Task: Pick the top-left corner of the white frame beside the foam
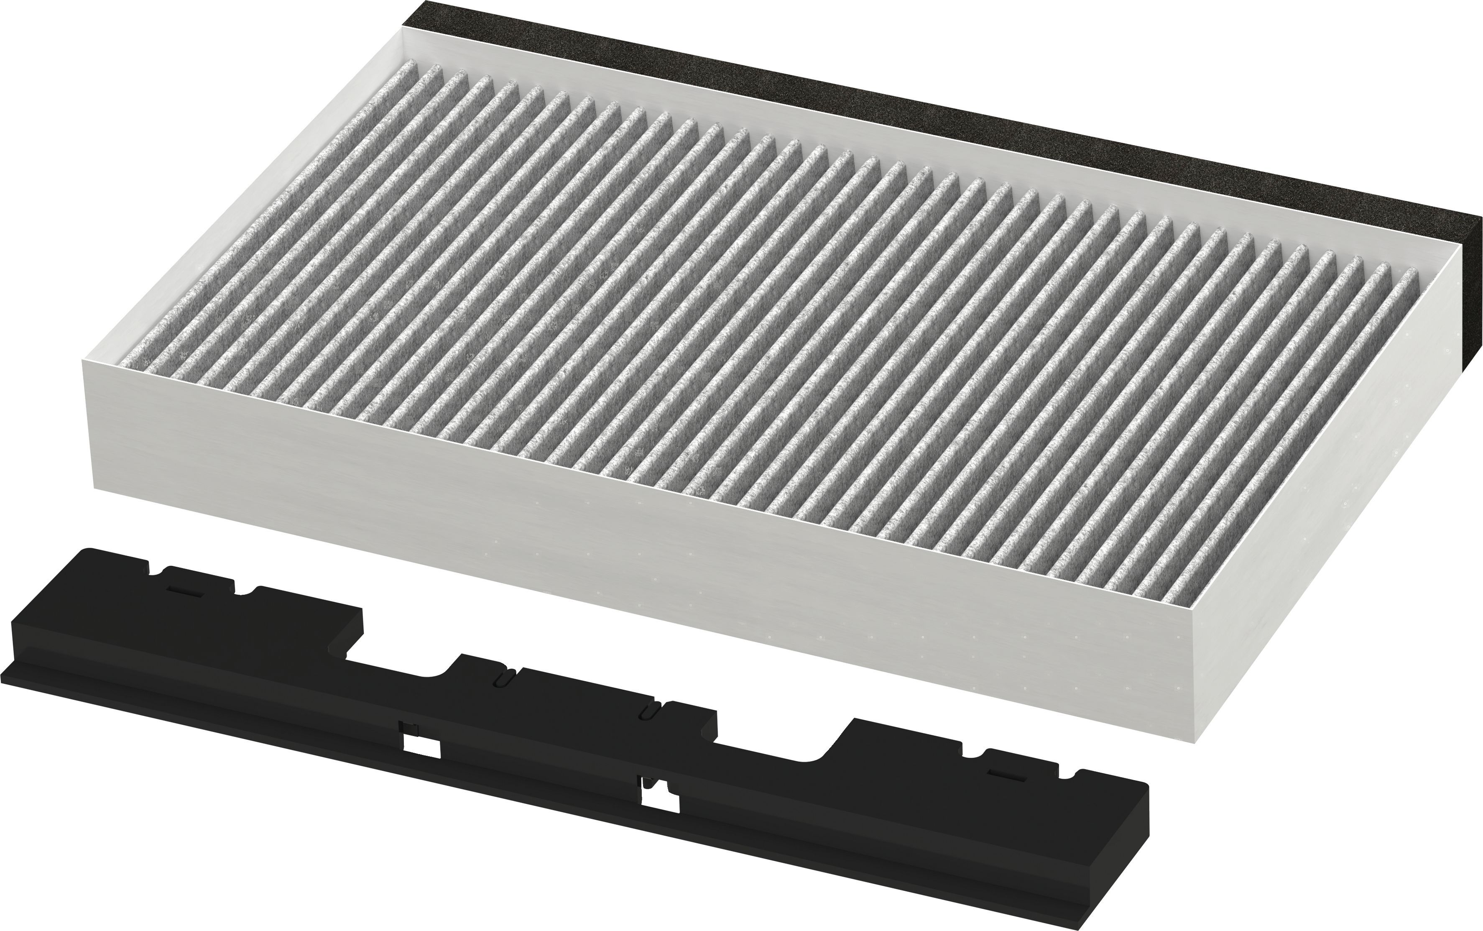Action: [x=403, y=28]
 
